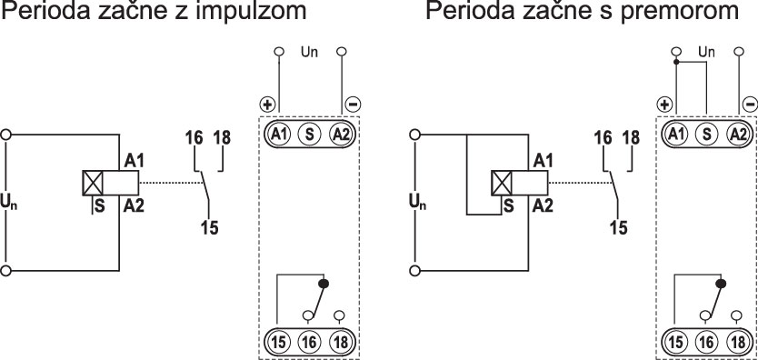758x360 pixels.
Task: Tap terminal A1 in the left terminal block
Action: pyautogui.click(x=278, y=135)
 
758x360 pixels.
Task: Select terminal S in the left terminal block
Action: pyautogui.click(x=310, y=135)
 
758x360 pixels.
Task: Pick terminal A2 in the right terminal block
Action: pyautogui.click(x=738, y=135)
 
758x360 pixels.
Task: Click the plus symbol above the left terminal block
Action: pyautogui.click(x=268, y=105)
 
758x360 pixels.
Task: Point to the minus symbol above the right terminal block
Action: pyautogui.click(x=749, y=105)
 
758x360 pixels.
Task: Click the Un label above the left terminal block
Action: pyautogui.click(x=309, y=54)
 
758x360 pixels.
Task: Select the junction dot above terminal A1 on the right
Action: pyautogui.click(x=675, y=63)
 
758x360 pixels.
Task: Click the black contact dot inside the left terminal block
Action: pyautogui.click(x=323, y=284)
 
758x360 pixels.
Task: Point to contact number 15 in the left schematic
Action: pyautogui.click(x=209, y=226)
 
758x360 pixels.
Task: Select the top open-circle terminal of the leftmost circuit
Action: pyautogui.click(x=7, y=133)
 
